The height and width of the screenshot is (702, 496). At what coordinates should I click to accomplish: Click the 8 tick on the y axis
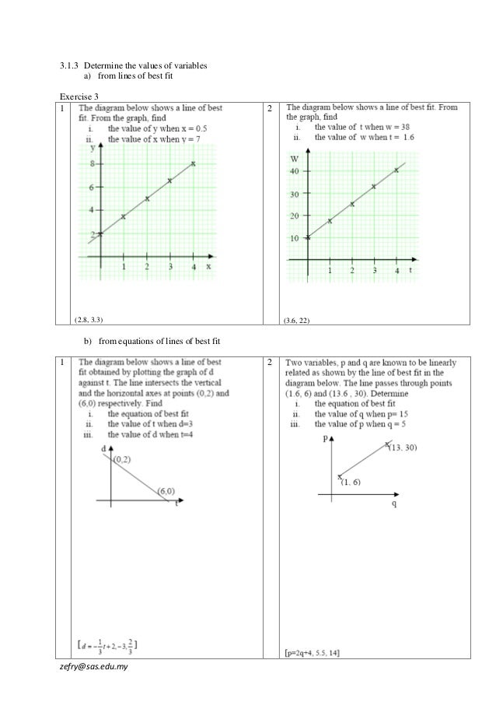pos(93,164)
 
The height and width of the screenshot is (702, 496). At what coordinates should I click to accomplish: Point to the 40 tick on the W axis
pos(294,170)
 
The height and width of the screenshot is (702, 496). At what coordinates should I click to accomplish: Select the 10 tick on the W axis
pos(294,238)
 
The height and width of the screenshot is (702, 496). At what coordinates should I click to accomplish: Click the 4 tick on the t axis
pos(396,271)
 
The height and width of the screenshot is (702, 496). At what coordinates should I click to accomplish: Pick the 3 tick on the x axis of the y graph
pos(170,267)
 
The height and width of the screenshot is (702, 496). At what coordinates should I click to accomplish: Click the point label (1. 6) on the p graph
pos(351,483)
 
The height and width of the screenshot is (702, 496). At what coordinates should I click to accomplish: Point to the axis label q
pos(393,504)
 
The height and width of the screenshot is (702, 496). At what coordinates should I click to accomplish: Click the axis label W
pos(294,158)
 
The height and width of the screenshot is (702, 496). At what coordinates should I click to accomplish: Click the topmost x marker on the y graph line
pos(193,163)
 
